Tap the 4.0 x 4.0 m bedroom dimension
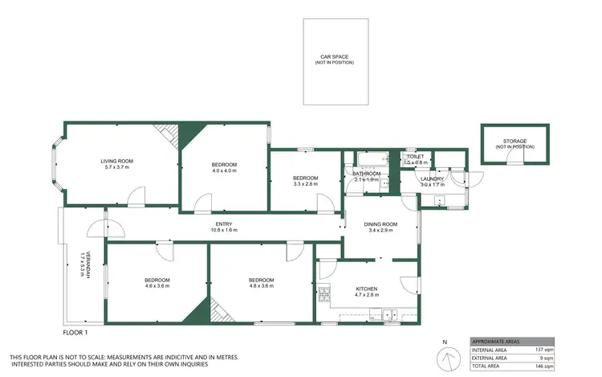pyautogui.click(x=202, y=170)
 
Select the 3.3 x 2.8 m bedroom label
pyautogui.click(x=305, y=184)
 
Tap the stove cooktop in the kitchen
pyautogui.click(x=324, y=294)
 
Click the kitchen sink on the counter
pyautogui.click(x=388, y=314)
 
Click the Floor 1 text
pyautogui.click(x=75, y=331)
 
